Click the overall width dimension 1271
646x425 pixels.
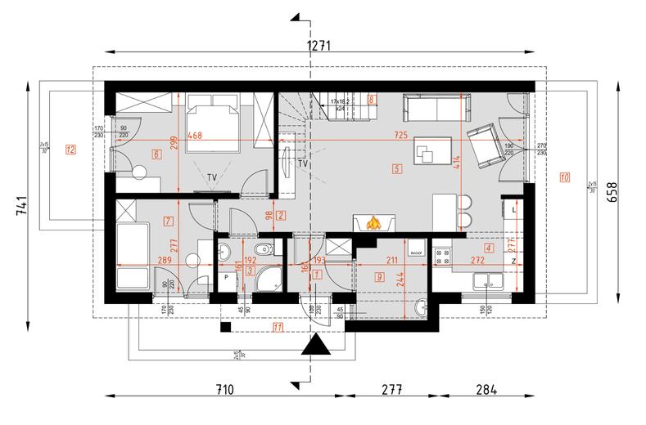coord(318,46)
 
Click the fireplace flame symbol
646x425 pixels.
coord(374,222)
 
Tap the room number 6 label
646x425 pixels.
coord(156,154)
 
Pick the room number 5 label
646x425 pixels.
coord(397,170)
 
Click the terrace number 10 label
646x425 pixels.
coord(565,177)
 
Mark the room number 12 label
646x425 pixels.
coord(70,150)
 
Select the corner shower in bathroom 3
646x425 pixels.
coord(265,280)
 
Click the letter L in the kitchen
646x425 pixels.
coord(513,211)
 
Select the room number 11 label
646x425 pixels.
coord(278,328)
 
